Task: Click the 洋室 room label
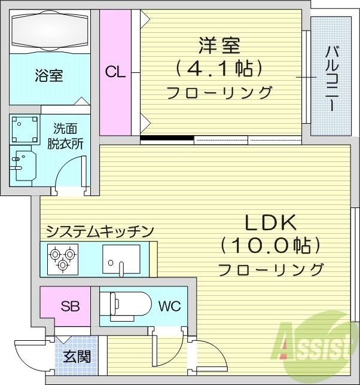click(x=219, y=46)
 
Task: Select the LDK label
click(x=270, y=222)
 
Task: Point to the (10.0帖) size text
click(x=270, y=245)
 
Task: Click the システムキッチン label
click(x=100, y=230)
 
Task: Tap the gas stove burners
click(x=62, y=259)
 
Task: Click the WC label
click(x=169, y=307)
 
